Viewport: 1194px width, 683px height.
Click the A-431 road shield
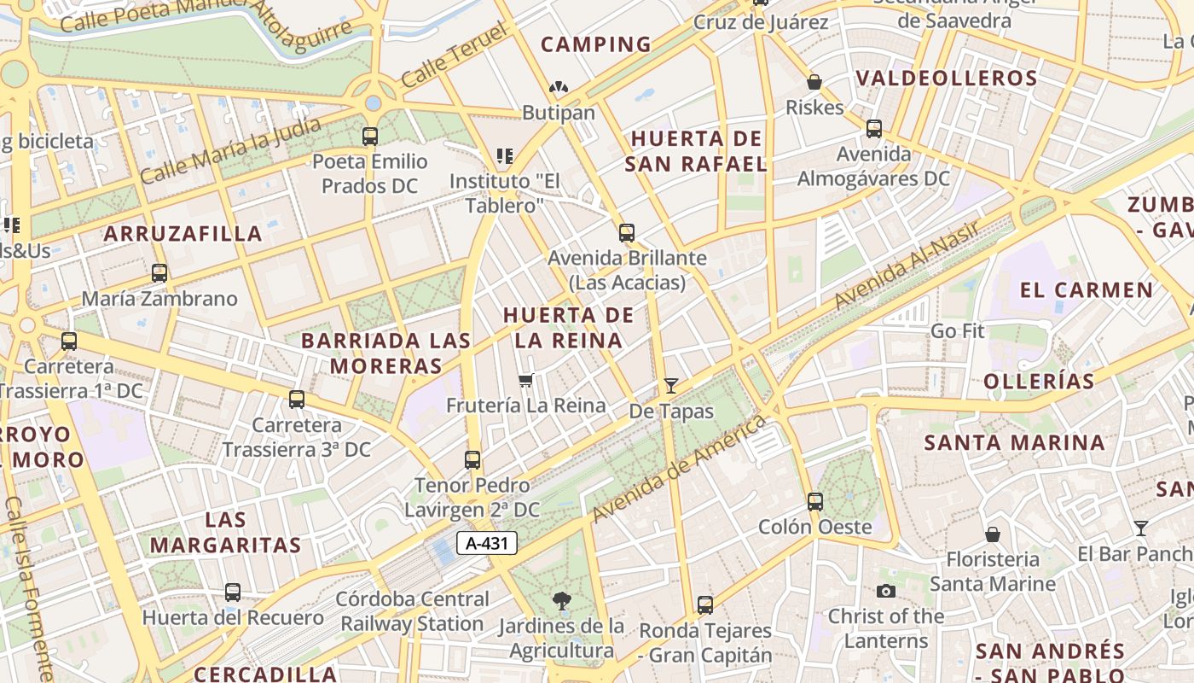(x=487, y=543)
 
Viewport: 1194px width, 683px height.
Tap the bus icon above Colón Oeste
(x=815, y=501)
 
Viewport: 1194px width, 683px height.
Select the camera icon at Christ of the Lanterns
(x=886, y=591)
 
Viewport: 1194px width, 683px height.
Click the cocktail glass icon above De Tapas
(x=671, y=386)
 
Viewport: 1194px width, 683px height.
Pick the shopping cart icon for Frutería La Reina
(x=526, y=380)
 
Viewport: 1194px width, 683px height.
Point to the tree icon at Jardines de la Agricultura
(x=561, y=601)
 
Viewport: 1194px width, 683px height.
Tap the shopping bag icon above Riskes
(x=814, y=83)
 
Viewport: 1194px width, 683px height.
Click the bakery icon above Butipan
(x=559, y=88)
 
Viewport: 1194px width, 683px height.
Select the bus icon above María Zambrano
(x=159, y=273)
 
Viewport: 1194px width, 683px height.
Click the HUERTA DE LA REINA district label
(x=568, y=328)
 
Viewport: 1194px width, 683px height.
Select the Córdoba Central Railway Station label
(x=413, y=611)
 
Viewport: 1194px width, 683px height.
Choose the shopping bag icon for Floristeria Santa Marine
(x=992, y=535)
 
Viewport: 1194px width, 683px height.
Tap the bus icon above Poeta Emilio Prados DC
(x=370, y=136)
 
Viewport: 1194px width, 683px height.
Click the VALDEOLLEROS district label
(x=947, y=79)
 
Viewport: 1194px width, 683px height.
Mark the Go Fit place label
(x=958, y=331)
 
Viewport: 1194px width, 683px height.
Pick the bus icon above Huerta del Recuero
(x=233, y=593)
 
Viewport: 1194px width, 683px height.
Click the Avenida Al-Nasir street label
(x=907, y=263)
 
